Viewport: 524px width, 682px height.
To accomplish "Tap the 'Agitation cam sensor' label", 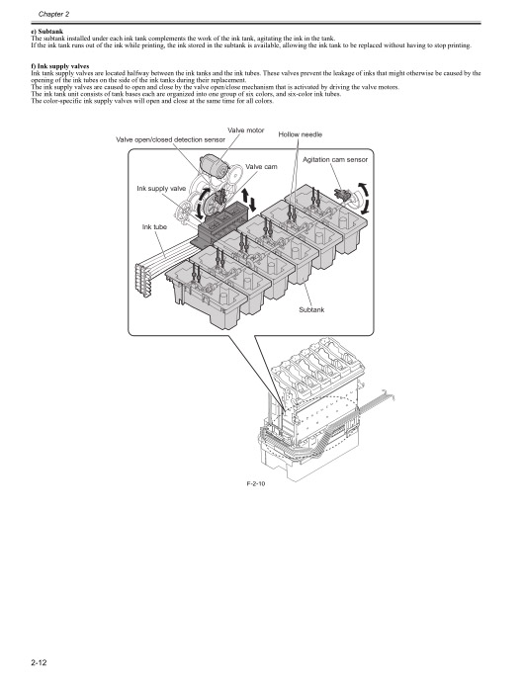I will (x=334, y=159).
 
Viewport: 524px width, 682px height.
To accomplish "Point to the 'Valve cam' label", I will (x=261, y=167).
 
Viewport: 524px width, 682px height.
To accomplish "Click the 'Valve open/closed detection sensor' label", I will (x=171, y=140).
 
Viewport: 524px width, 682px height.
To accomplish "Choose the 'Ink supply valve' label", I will (x=161, y=188).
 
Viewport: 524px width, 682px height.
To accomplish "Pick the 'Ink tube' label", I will (x=156, y=227).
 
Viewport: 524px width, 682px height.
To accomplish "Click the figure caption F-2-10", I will (x=257, y=485).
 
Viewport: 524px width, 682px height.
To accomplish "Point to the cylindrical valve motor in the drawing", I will (x=215, y=166).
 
